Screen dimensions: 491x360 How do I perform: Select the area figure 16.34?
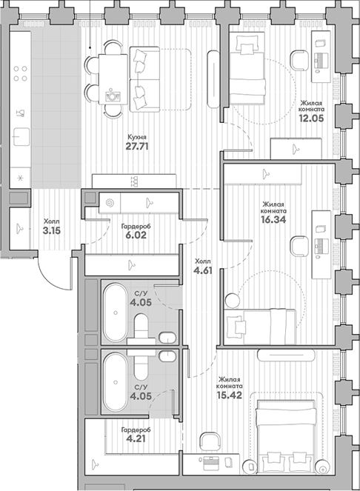pyautogui.click(x=274, y=219)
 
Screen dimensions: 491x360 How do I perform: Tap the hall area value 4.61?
pyautogui.click(x=201, y=271)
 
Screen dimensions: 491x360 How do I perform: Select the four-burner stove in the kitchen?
pyautogui.click(x=21, y=73)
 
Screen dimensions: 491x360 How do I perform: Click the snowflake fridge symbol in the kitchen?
pyautogui.click(x=21, y=178)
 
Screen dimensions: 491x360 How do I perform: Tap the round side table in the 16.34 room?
pyautogui.click(x=230, y=300)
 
